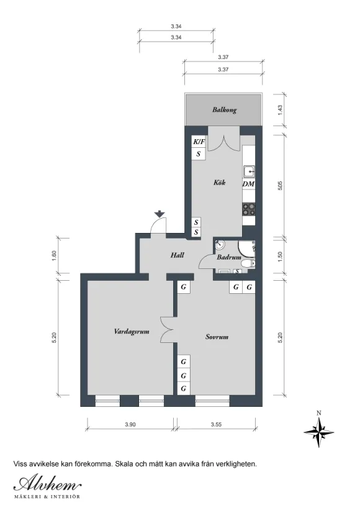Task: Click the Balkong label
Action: tap(224, 110)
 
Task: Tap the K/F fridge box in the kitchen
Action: tap(199, 142)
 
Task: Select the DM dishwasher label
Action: tap(248, 184)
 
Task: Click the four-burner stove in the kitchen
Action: tap(249, 209)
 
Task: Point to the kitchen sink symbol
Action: tap(249, 171)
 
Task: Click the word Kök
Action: tap(219, 182)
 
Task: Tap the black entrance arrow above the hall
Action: tap(159, 214)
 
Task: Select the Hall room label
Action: tap(178, 255)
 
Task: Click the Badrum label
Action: tap(229, 257)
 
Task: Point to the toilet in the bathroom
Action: tap(249, 264)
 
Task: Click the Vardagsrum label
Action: tap(132, 332)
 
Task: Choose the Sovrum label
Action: tap(217, 337)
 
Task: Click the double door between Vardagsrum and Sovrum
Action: tap(168, 329)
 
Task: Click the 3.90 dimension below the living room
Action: tap(130, 424)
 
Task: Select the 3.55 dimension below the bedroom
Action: tap(216, 424)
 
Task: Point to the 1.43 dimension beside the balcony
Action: tap(281, 109)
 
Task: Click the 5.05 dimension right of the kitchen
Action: tap(281, 185)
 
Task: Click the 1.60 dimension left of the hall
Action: tap(54, 253)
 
